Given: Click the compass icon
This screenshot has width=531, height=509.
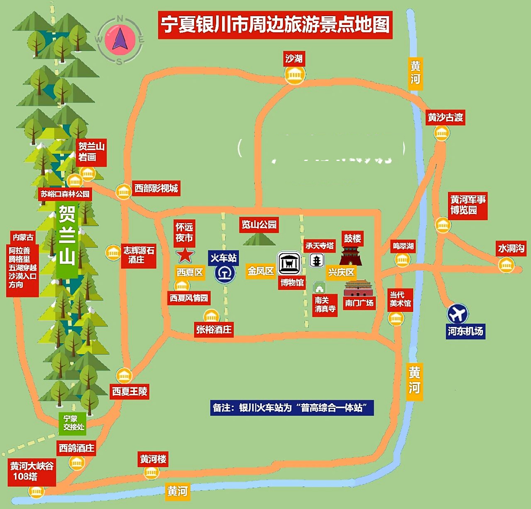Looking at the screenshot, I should point(120,39).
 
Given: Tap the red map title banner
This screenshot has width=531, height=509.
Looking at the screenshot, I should point(275,25).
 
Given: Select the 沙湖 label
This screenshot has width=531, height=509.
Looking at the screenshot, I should point(294,59).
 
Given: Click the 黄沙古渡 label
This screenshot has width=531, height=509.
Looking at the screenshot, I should point(445,117).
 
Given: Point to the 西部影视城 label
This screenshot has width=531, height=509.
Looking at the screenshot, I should point(156,188).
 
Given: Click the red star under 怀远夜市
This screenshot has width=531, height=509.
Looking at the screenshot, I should point(185,255).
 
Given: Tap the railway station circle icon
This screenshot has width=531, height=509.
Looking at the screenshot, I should point(225,274).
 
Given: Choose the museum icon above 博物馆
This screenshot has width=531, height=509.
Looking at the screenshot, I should point(289,263).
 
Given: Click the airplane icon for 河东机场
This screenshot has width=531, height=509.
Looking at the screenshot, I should point(457,313).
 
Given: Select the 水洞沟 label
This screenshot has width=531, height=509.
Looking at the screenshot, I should point(511,249).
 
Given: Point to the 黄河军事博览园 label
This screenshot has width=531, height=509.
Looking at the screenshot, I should point(468,204).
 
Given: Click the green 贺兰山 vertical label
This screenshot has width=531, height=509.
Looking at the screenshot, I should point(67,235).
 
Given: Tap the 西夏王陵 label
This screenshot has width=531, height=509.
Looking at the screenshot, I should point(130,391).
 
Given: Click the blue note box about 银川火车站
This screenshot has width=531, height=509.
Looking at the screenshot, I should point(292,408).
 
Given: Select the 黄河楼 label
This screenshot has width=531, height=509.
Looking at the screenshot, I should point(153,459).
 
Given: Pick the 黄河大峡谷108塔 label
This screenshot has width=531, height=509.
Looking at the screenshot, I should point(31,471).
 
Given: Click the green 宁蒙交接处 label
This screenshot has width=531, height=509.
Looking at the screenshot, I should point(74,423).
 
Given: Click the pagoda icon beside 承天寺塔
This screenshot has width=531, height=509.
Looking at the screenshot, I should point(317,260).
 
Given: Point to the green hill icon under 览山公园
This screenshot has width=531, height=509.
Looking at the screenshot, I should point(259,239).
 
